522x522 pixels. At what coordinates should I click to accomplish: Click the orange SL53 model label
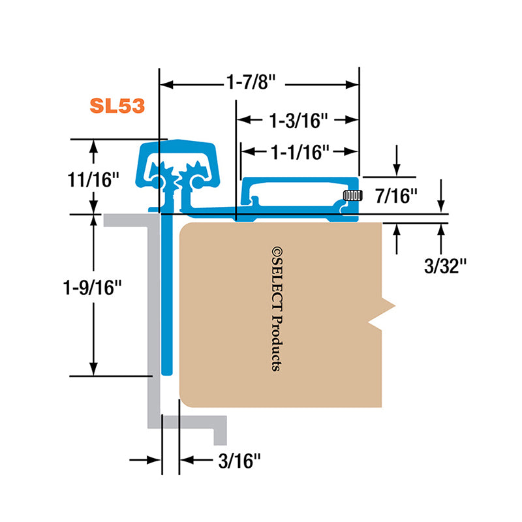(117, 106)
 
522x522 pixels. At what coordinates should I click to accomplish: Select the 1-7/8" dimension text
(251, 82)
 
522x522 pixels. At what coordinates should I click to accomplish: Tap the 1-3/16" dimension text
(299, 121)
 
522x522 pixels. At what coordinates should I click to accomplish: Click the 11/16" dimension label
(93, 180)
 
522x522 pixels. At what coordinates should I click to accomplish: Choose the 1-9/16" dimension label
(92, 287)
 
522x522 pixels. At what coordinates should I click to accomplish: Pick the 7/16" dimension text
(396, 196)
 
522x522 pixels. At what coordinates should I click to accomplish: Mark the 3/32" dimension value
(445, 266)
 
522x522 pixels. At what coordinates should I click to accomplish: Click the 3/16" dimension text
(239, 461)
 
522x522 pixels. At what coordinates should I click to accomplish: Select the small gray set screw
(352, 195)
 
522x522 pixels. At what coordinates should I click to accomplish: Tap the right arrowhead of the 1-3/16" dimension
(352, 120)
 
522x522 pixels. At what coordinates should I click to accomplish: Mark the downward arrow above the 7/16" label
(397, 160)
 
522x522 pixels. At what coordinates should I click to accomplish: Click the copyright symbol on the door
(277, 251)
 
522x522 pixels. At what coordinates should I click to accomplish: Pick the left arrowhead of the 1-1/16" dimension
(247, 151)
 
